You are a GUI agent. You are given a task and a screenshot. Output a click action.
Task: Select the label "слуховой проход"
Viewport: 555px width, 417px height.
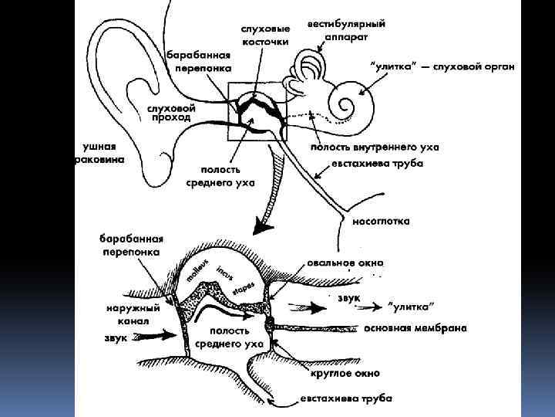171,113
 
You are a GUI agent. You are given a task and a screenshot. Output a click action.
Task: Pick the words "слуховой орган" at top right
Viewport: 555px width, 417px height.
481,66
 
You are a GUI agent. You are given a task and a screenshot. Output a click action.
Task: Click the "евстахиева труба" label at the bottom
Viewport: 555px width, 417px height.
345,399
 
